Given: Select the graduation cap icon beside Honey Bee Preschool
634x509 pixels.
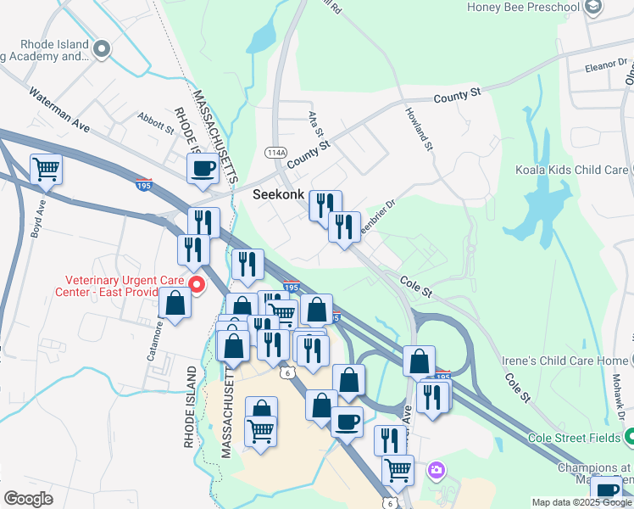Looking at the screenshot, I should [593, 8].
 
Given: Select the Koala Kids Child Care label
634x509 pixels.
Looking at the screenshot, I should [571, 170].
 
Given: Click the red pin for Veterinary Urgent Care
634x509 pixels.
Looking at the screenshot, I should [197, 285].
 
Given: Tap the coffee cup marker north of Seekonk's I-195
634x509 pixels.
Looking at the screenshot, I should [202, 168].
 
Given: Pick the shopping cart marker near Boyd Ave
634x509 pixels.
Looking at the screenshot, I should [46, 168].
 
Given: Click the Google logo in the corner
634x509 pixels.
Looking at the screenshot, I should [27, 498].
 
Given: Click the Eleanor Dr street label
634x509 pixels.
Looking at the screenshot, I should [605, 65].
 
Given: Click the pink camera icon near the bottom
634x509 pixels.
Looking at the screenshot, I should [436, 468].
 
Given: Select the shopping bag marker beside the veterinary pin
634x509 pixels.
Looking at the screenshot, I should [175, 304].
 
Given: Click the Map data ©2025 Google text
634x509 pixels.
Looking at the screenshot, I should [582, 501].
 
